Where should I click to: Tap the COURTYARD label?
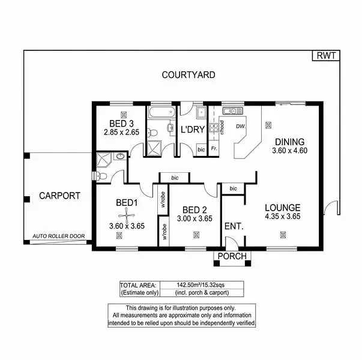pos(189,75)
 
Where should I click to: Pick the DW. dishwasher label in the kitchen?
pos(241,127)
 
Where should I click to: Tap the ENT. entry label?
pos(233,227)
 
